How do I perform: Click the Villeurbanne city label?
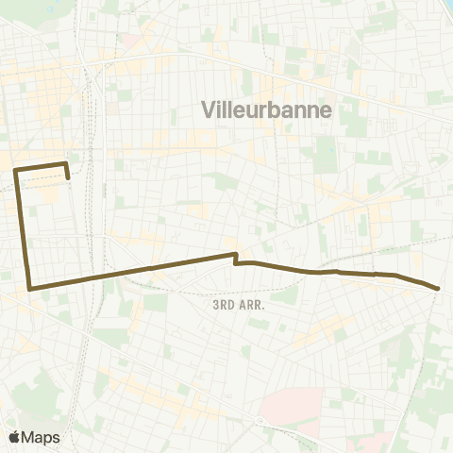[x=267, y=109]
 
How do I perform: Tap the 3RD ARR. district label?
[x=235, y=305]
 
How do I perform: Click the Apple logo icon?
[x=15, y=437]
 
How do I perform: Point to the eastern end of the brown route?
[x=439, y=288]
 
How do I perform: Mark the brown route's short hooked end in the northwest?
[x=68, y=176]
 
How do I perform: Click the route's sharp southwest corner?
[x=31, y=287]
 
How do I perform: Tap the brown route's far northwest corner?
[x=16, y=170]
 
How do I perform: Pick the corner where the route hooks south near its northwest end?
[x=65, y=164]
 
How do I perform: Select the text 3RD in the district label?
[x=223, y=305]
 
